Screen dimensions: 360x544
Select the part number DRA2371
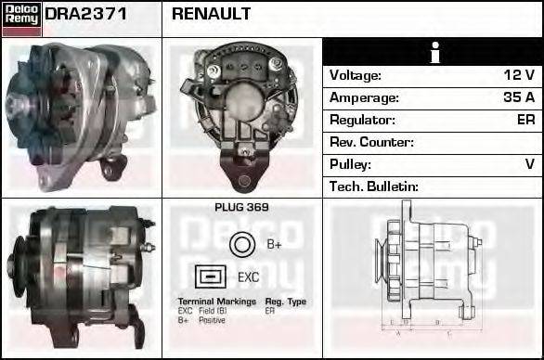86,15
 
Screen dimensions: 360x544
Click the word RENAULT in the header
211,15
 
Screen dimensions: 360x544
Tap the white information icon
434,53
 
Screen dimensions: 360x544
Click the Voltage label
356,75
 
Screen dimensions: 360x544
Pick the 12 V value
519,75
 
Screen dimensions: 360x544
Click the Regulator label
362,120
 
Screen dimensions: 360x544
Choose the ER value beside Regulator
525,120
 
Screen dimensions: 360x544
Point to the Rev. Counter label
371,142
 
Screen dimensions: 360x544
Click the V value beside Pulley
529,164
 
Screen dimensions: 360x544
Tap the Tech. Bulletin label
374,186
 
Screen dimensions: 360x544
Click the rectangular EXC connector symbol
210,276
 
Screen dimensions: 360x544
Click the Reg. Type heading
285,302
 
